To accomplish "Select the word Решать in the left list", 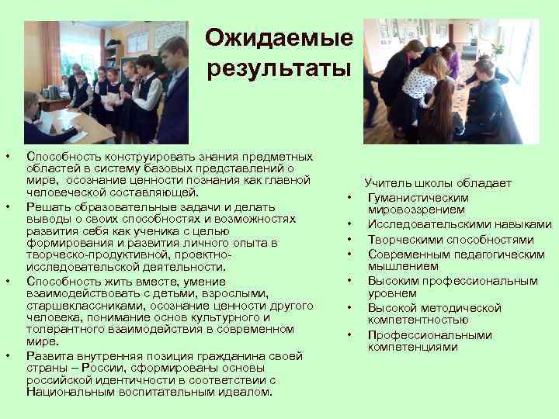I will (x=44, y=206).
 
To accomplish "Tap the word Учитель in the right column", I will (x=387, y=184).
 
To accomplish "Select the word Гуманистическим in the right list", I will (x=418, y=197).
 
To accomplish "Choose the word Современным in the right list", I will (x=407, y=254).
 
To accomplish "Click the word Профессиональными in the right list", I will (x=429, y=335).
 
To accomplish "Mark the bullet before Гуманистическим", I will (x=351, y=197).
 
